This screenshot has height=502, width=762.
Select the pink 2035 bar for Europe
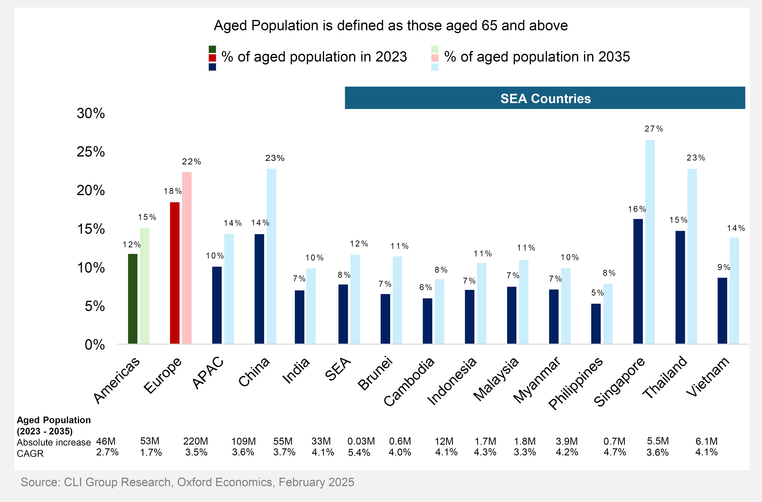click(187, 258)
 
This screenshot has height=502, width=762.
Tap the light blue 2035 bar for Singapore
click(650, 242)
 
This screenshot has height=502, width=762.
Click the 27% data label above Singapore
click(653, 129)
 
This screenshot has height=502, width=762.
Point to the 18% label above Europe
click(173, 191)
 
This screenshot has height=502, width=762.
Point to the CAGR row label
click(30, 454)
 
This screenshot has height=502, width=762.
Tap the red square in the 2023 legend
click(212, 58)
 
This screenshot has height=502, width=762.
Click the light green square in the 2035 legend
click(435, 49)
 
